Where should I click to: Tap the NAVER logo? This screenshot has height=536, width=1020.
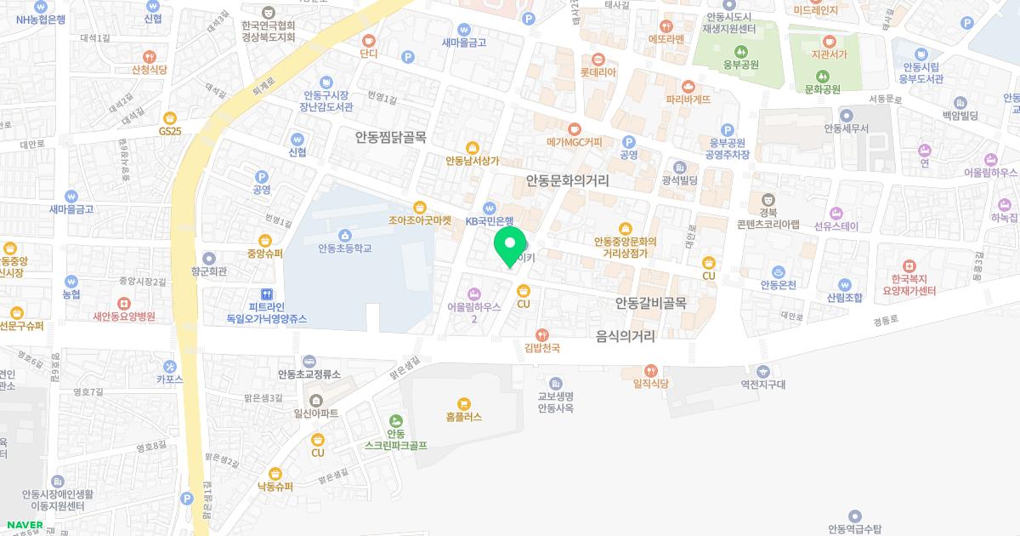click(x=24, y=524)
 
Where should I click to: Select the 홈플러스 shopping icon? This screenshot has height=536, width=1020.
click(x=463, y=403)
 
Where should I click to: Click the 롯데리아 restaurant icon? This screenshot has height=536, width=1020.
click(x=598, y=59)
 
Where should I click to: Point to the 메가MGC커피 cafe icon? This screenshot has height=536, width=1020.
click(x=574, y=128)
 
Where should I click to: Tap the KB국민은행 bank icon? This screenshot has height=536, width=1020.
click(x=490, y=207)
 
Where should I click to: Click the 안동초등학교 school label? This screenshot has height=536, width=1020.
click(x=345, y=248)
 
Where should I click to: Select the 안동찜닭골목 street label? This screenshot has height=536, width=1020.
click(x=391, y=137)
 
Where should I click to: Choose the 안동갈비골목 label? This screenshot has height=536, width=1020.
click(x=651, y=303)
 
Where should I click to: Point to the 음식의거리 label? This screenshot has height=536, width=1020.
click(x=626, y=336)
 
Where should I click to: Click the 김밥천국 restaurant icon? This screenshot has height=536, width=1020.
click(x=541, y=334)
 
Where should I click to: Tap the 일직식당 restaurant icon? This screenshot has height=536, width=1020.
click(x=651, y=370)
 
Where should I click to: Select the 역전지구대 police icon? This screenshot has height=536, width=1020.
click(x=762, y=370)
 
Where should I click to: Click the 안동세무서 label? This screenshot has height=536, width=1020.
click(x=846, y=128)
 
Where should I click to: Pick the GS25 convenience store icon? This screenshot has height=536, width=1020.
click(x=170, y=117)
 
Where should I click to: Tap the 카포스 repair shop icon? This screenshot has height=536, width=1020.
click(x=170, y=366)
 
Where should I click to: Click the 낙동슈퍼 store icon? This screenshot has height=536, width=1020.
click(x=275, y=474)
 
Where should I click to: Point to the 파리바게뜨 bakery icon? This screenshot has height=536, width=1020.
click(x=688, y=86)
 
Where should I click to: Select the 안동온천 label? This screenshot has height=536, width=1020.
click(x=778, y=284)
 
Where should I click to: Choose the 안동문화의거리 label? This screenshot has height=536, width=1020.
click(x=567, y=180)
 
